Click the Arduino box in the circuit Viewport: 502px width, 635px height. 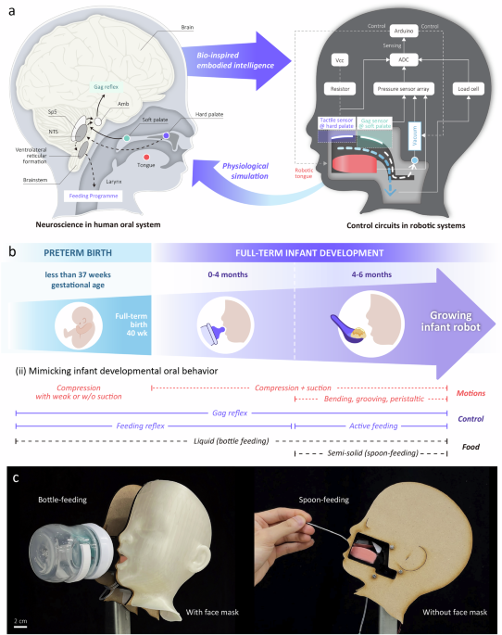[402, 31]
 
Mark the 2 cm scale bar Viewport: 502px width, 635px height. [19, 625]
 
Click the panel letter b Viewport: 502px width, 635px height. [11, 251]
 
